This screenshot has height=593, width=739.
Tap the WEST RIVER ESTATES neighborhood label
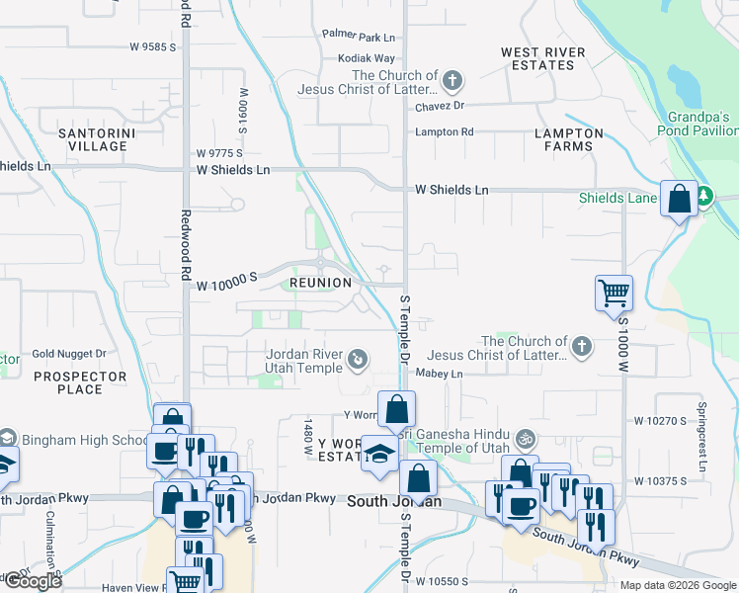pos(542,58)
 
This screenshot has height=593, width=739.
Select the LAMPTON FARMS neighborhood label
pos(568,139)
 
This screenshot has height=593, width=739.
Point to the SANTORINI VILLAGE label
pos(93,139)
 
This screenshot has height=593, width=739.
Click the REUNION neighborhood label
pos(320,283)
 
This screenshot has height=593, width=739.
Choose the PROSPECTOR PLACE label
pos(80,382)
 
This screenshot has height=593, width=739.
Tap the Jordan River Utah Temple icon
pos(358,360)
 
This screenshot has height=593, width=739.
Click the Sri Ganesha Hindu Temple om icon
pos(528,436)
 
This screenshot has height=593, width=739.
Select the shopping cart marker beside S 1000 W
pos(615,292)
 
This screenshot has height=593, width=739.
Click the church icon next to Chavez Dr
pos(452,80)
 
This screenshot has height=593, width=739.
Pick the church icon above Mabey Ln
pos(582,346)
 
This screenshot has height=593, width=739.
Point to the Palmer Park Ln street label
pos(359,37)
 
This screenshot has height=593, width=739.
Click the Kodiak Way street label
pos(366,58)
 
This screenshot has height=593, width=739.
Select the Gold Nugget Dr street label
pos(69,353)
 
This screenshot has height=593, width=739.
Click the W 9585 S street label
pos(152,46)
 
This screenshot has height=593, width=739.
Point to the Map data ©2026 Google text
pos(677,585)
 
